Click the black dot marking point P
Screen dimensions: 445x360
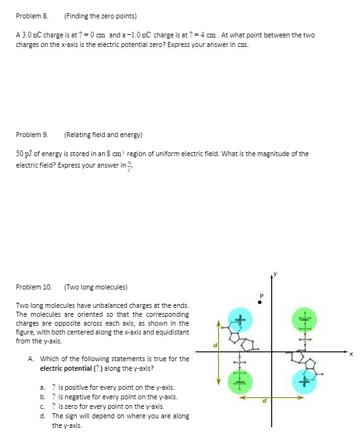[260, 303]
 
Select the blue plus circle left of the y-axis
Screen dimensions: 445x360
[239, 319]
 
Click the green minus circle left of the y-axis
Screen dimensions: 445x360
[239, 382]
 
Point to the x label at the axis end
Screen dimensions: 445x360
[351, 354]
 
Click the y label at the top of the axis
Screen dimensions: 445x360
[275, 274]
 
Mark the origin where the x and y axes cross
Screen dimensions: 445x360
[272, 350]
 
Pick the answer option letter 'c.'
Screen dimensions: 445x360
[42, 406]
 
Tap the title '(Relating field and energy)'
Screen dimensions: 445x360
[103, 135]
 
